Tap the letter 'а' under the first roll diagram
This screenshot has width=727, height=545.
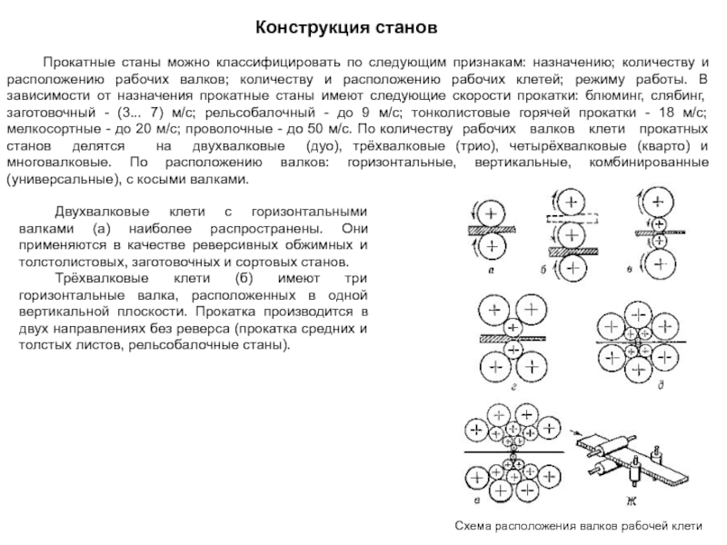(491, 268)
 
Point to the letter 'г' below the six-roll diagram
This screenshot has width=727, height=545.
(514, 386)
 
